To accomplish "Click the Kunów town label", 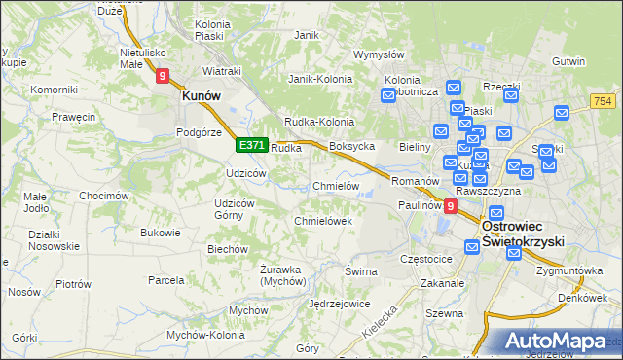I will (x=201, y=97).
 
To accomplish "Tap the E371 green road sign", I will (x=250, y=145).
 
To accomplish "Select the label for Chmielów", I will (x=336, y=186).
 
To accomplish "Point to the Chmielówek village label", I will (x=322, y=221).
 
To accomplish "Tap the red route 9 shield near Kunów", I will (x=162, y=75).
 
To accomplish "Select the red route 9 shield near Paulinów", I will (x=450, y=206).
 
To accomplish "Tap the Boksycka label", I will (x=352, y=146).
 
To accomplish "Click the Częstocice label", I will (x=426, y=260).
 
